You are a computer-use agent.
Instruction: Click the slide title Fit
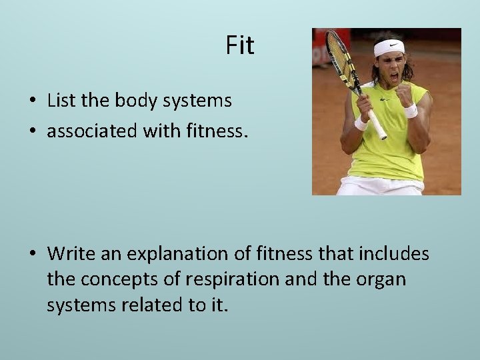[240, 45]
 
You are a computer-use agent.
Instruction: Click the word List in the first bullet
[63, 101]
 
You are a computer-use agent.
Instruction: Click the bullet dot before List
[32, 102]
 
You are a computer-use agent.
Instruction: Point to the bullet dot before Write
[32, 255]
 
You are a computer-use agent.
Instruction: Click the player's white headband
[389, 47]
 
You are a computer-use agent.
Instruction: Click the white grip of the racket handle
[377, 125]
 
